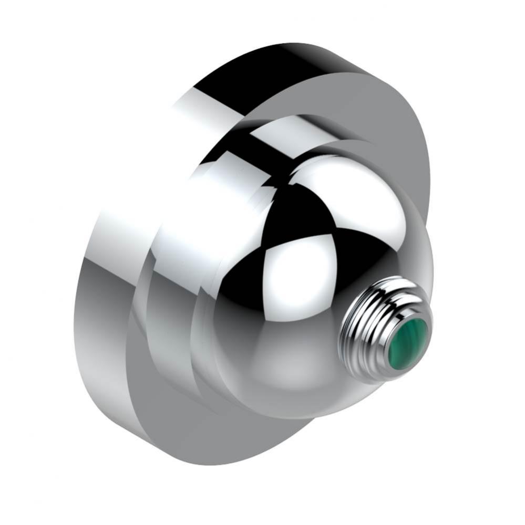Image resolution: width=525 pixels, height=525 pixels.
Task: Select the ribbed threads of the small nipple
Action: coord(368,320)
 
